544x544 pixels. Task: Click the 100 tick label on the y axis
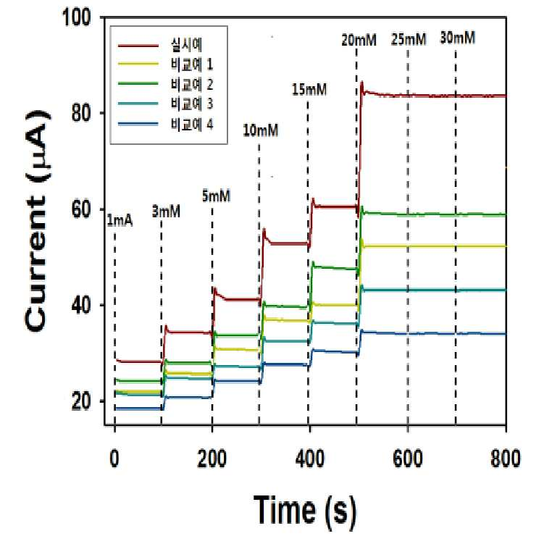pyautogui.click(x=76, y=17)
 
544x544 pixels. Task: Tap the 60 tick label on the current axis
pyautogui.click(x=80, y=209)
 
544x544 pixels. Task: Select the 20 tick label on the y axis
pyautogui.click(x=80, y=401)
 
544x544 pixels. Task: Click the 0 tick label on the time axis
pyautogui.click(x=114, y=459)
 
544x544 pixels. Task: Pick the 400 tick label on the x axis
pyautogui.click(x=309, y=459)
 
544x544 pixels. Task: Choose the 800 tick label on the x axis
pyautogui.click(x=506, y=459)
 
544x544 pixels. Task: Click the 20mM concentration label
pyautogui.click(x=359, y=41)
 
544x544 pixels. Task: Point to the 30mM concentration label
pyautogui.click(x=457, y=38)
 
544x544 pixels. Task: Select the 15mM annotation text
pyautogui.click(x=309, y=90)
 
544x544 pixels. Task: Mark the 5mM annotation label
pyautogui.click(x=216, y=196)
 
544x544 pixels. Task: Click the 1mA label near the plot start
pyautogui.click(x=120, y=221)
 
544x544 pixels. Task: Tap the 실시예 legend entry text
pyautogui.click(x=187, y=45)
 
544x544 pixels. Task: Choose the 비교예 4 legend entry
pyautogui.click(x=192, y=124)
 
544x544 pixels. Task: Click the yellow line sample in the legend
pyautogui.click(x=138, y=64)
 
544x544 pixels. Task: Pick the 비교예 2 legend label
pyautogui.click(x=192, y=84)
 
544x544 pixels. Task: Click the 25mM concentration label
pyautogui.click(x=409, y=40)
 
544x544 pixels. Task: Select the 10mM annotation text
pyautogui.click(x=261, y=131)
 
